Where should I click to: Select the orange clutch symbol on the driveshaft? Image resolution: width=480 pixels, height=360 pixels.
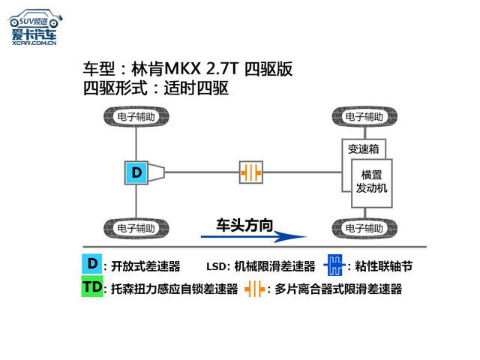tap(252, 172)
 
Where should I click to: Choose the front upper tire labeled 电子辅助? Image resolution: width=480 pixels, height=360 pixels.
tap(363, 118)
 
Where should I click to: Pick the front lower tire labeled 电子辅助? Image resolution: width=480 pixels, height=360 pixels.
tap(363, 227)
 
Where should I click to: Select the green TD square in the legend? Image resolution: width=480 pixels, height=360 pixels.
tap(91, 288)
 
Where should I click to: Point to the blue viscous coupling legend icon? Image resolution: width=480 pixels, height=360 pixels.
tap(334, 265)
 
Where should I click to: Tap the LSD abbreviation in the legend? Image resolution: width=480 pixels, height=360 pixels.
tap(217, 266)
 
